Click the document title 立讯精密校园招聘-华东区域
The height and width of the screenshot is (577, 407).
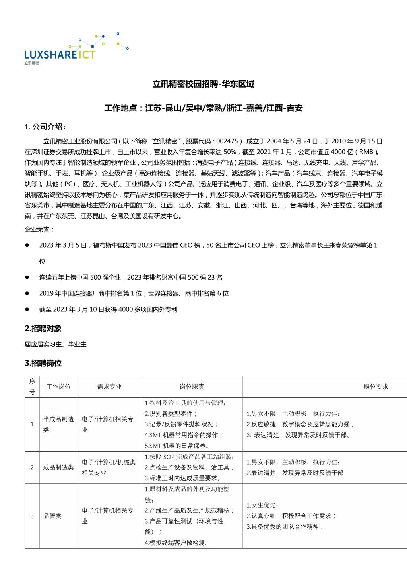tap(203, 84)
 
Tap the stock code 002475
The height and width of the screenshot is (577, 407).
tap(227, 141)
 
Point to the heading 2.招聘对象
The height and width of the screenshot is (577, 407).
tap(43, 329)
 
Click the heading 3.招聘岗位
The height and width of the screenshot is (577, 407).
tap(43, 363)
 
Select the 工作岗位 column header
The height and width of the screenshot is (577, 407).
tap(58, 387)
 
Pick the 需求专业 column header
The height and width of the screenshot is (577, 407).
tap(109, 387)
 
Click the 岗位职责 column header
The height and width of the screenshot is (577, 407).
tap(192, 387)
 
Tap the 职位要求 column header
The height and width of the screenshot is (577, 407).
tap(376, 387)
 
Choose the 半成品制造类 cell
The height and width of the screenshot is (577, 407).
tap(58, 424)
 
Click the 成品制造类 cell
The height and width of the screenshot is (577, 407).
tap(58, 467)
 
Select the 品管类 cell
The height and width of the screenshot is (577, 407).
tap(52, 516)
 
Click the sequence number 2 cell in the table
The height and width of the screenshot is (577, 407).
tap(32, 467)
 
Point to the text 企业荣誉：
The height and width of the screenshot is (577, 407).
tap(39, 229)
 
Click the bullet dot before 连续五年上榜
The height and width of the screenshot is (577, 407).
tap(27, 277)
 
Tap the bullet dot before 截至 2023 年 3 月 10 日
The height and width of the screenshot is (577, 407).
tap(27, 309)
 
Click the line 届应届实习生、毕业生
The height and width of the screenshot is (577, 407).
tap(56, 344)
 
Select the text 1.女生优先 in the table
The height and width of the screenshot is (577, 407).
tap(261, 505)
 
